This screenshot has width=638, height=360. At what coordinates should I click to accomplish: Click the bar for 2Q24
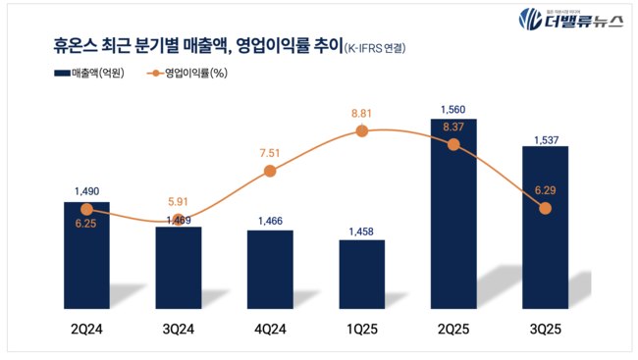coord(86,257)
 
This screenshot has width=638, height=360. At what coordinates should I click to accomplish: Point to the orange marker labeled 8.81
coord(362,130)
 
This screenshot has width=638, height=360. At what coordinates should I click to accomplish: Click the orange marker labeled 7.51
coord(270,172)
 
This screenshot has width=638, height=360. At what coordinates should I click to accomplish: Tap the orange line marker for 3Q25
coord(546,208)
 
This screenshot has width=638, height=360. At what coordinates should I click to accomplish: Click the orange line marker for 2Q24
coord(86,209)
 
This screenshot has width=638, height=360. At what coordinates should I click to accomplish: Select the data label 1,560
coord(453,110)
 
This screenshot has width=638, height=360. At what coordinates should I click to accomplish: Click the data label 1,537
coord(546,139)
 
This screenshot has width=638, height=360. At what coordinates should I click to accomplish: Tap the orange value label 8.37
coord(453,127)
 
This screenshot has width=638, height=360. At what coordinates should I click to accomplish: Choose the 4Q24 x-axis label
coord(270,331)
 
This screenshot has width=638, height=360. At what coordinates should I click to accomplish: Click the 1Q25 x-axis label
coord(362,331)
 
